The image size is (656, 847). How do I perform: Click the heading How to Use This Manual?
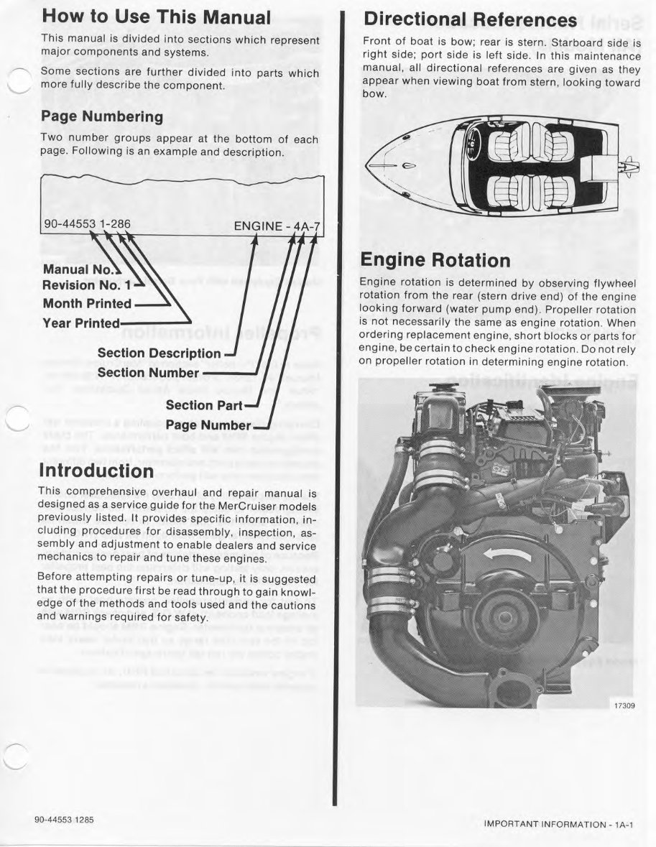156,17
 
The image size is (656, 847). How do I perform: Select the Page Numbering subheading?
101,116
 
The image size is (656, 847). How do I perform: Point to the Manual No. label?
78,270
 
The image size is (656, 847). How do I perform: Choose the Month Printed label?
87,303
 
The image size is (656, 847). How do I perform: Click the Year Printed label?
81,323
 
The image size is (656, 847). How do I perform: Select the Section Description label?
159,353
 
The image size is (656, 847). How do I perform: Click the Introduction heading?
97,471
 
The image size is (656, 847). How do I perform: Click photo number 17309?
623,705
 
